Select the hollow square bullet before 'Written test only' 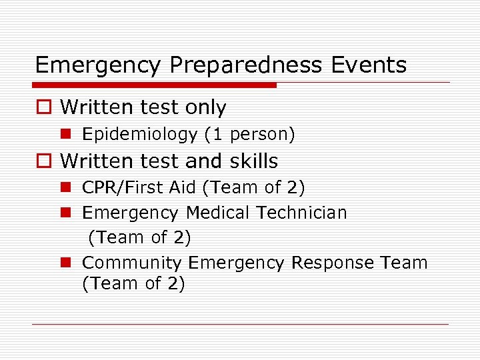coord(44,107)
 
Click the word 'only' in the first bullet coord(205,107)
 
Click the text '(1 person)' coord(250,135)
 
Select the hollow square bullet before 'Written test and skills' coord(44,161)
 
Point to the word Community coord(132,263)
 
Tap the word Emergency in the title coord(97,65)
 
